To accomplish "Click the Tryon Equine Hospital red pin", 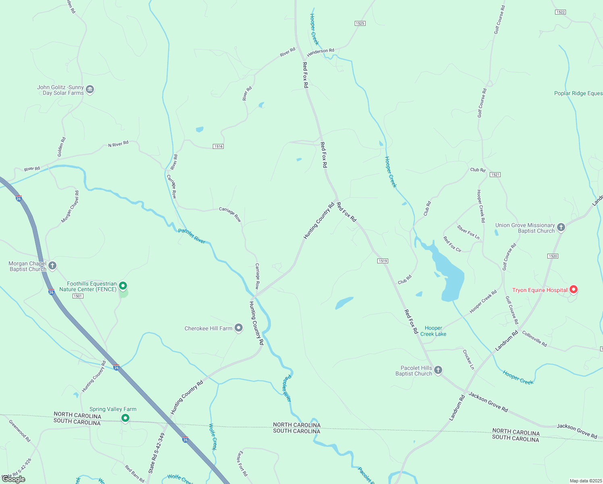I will coord(573,289).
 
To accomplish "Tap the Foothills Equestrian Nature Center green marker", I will coord(123,286).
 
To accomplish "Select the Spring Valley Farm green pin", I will coord(125,418).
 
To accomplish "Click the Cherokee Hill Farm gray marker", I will coord(239,328).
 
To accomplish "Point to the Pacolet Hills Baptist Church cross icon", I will coord(438,370).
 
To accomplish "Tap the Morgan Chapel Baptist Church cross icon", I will coord(52,266).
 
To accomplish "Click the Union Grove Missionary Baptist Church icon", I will coord(561,227).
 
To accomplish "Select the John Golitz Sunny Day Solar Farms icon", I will coord(90,89).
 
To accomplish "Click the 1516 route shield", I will coord(218,146).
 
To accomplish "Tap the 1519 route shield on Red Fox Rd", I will coord(383,261).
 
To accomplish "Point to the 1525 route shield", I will coord(360,23).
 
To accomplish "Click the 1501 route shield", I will coord(78,296).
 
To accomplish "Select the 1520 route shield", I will coord(553,256).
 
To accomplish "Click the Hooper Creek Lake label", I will coord(433,331).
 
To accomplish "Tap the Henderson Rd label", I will coord(320,53).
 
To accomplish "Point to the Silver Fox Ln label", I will coord(468,232).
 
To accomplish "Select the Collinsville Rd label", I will coord(534,338).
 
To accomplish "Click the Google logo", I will coord(14,479).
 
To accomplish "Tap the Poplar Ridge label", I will coord(578,93).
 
